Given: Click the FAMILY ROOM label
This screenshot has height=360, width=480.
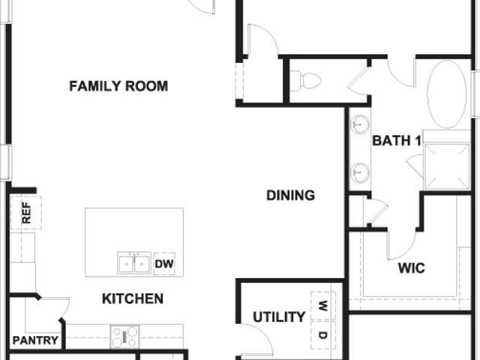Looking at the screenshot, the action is coord(118,86).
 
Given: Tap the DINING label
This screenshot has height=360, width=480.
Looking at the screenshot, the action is coord(290,195).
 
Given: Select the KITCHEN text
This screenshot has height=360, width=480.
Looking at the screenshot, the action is coord(133,298).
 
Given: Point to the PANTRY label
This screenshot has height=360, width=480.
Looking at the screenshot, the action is coord(35,340).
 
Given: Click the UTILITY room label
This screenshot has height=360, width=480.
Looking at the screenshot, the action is coord(279,316).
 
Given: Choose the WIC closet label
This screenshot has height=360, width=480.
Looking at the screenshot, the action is coord(412,268).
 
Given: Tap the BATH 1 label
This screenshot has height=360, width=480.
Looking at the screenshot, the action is coord(397,140).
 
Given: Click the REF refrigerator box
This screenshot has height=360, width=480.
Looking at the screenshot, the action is coord(26,213).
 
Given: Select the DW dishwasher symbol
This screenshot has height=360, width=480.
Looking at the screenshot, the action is coord(164,263).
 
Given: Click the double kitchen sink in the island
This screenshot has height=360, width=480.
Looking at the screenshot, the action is coord(134,263).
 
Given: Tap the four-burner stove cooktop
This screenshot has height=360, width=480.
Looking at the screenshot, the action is coord(124,337).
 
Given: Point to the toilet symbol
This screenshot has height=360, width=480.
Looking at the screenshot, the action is coord(305,81).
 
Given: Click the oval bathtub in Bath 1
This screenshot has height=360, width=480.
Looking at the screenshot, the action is coord(447,94).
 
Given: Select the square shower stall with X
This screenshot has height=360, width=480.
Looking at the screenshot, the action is coord(447,166).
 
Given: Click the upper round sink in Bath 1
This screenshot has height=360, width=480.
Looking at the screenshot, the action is coord(360,124).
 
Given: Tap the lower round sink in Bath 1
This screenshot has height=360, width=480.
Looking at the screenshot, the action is coord(360,173).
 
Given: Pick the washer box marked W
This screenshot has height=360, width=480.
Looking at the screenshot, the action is coord(323,305).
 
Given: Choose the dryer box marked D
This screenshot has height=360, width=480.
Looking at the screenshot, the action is coord(323,335).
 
